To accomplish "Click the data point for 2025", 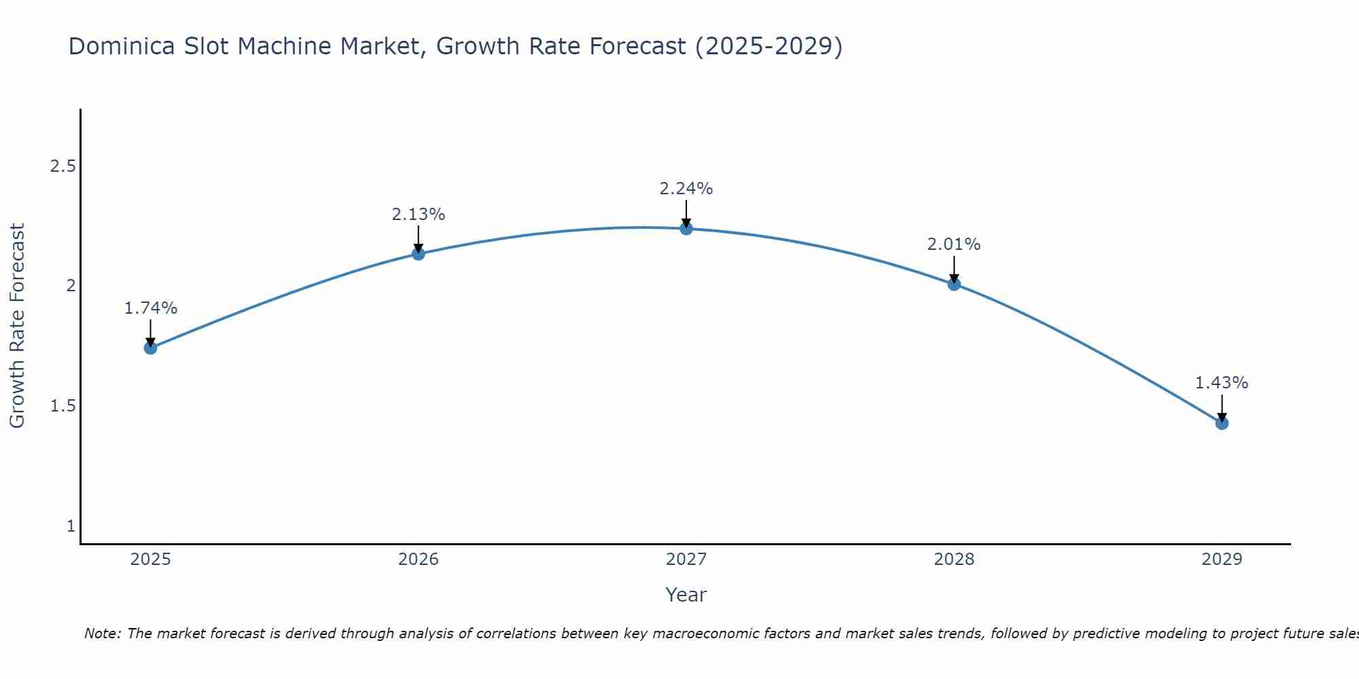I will point(151,348).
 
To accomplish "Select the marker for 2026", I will point(419,254).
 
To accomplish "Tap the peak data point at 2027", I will point(686,228).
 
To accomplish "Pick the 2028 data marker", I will point(954,284).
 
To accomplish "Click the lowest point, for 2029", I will point(1222,423).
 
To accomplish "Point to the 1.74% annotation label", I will point(151,308).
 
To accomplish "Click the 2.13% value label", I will point(419,215).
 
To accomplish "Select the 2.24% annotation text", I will point(686,189).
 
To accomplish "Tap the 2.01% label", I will point(954,244).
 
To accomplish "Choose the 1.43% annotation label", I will point(1222,383).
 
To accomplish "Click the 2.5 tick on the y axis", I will point(63,166).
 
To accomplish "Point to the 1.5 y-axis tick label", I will point(63,406).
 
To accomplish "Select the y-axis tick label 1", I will point(71,526).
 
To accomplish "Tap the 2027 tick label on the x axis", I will point(686,559).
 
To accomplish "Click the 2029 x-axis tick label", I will point(1222,559).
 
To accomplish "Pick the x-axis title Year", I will point(686,595).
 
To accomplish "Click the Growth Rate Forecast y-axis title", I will point(18,326).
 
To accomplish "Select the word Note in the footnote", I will point(102,634).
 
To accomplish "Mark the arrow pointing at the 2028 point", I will point(954,270).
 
